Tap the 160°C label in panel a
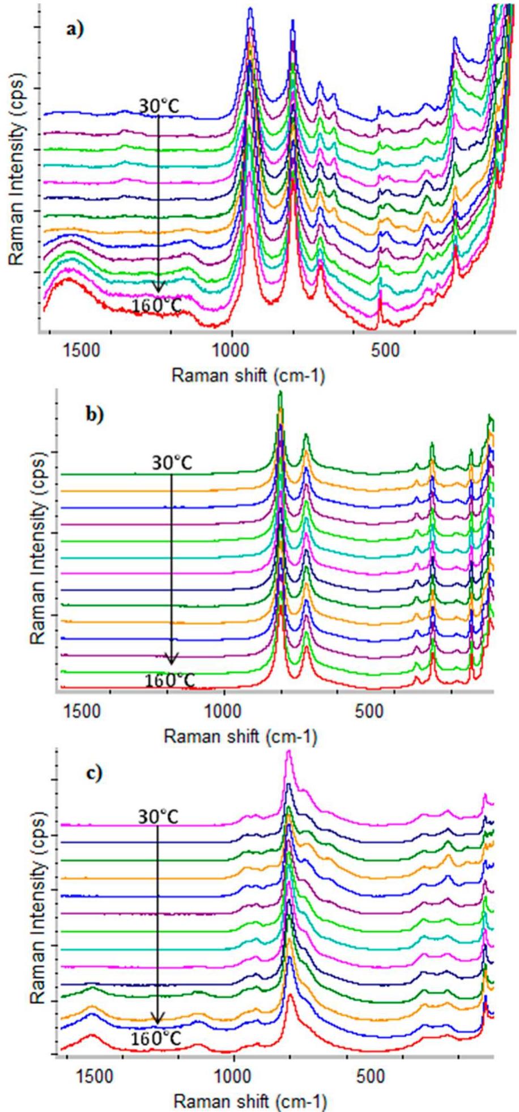point(157,306)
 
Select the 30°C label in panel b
point(172,463)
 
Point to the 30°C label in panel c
point(158,817)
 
